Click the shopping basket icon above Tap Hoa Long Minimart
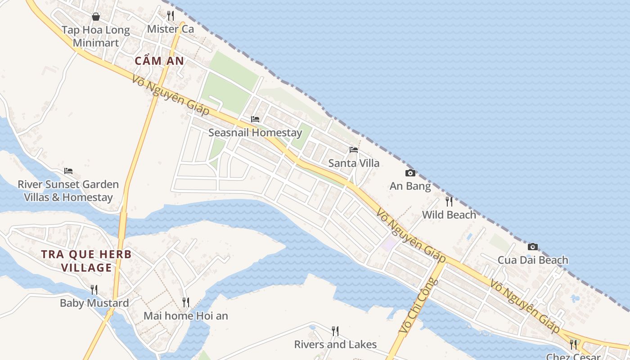pyautogui.click(x=96, y=17)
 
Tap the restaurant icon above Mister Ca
pyautogui.click(x=171, y=16)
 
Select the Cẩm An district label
pyautogui.click(x=159, y=61)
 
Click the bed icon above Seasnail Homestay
pyautogui.click(x=255, y=119)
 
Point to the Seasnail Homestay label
pyautogui.click(x=255, y=133)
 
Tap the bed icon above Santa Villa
pyautogui.click(x=354, y=149)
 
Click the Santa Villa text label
pyautogui.click(x=354, y=163)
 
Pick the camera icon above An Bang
pyautogui.click(x=410, y=173)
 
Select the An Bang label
pyautogui.click(x=410, y=186)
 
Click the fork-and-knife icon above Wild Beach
pyautogui.click(x=449, y=201)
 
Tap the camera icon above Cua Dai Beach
pyautogui.click(x=533, y=247)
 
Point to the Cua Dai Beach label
pyautogui.click(x=533, y=260)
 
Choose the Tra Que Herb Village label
pyautogui.click(x=86, y=261)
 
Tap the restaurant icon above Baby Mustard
pyautogui.click(x=94, y=289)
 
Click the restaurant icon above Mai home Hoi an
pyautogui.click(x=186, y=302)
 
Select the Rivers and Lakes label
pyautogui.click(x=335, y=345)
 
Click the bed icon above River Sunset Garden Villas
pyautogui.click(x=68, y=171)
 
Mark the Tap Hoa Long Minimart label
pyautogui.click(x=96, y=36)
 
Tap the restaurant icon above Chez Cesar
pyautogui.click(x=573, y=345)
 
